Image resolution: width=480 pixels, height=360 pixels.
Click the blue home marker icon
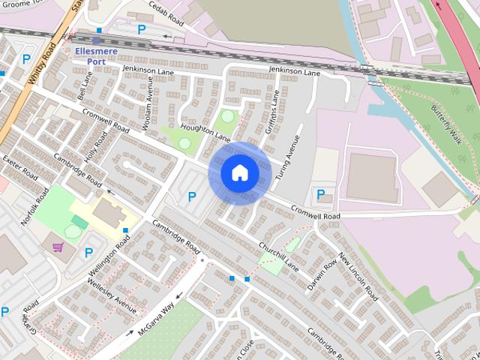(240, 173)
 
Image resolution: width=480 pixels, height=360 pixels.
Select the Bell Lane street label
(85, 88)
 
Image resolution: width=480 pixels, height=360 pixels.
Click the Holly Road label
(97, 144)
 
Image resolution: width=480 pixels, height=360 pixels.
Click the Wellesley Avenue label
(112, 297)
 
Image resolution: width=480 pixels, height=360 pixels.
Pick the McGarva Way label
(155, 319)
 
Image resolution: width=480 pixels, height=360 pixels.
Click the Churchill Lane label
(280, 258)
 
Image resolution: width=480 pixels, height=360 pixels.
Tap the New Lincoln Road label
(355, 275)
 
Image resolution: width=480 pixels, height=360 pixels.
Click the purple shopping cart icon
(57, 246)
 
